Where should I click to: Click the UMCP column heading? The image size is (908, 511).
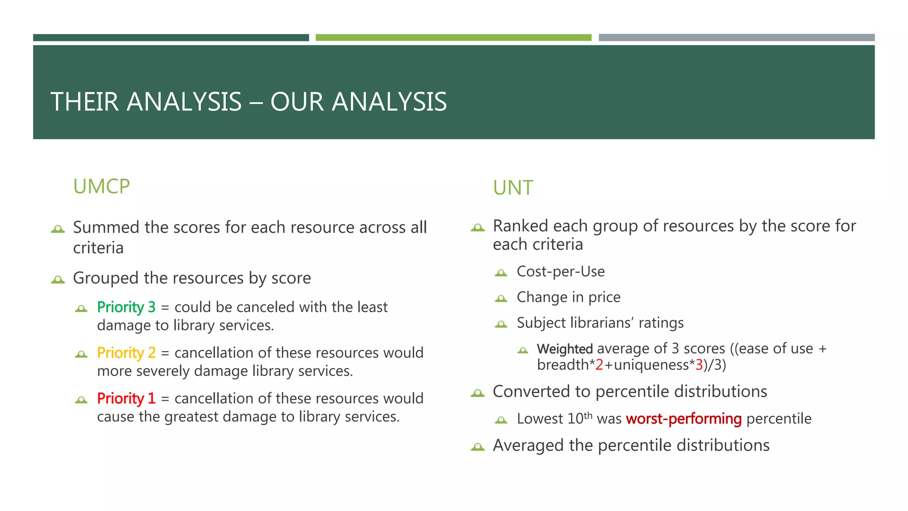(x=102, y=187)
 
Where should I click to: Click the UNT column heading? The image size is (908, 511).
(x=513, y=188)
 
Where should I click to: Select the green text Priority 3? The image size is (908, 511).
(x=126, y=307)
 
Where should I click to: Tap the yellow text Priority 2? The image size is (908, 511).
(x=126, y=353)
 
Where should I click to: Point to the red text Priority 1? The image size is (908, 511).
(x=126, y=398)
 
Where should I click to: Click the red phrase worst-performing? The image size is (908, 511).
(x=684, y=419)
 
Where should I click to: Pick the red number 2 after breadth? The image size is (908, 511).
(x=599, y=365)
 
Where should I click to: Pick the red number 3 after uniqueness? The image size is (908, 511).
(x=699, y=365)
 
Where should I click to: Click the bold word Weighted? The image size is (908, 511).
(x=565, y=349)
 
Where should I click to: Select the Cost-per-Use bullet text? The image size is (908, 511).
(x=561, y=271)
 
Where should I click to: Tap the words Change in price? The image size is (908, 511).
(x=569, y=297)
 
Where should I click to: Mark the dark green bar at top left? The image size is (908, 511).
(x=171, y=38)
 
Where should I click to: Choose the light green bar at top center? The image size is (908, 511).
(x=453, y=38)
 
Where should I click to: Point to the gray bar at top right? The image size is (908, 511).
(x=736, y=38)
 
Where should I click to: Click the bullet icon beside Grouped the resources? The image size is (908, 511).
(x=58, y=279)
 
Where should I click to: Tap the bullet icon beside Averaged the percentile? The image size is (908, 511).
(x=477, y=447)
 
